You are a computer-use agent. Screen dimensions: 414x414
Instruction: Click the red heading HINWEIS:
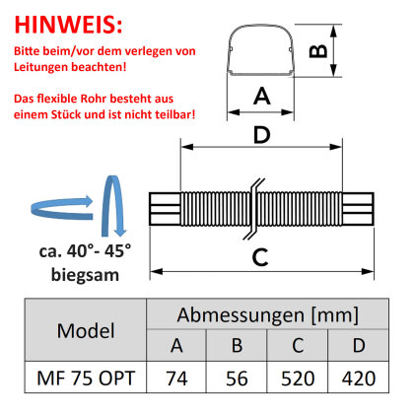68,25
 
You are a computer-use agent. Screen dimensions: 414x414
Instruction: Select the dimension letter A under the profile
262,96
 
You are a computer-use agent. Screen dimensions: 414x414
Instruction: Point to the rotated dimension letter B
318,51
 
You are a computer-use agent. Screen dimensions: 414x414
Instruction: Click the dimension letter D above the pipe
262,134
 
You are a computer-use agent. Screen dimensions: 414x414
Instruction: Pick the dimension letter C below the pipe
260,257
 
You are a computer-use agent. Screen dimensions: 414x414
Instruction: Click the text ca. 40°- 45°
85,251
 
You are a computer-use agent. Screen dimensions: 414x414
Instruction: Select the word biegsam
85,275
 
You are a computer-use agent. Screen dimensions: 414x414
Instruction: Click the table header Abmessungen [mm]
267,314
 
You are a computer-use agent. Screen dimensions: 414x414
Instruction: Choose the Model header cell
86,330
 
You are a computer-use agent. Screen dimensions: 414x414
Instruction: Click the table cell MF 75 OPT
86,378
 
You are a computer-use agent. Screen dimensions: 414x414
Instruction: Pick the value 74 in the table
176,379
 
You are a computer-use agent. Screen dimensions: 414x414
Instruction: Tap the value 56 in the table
237,379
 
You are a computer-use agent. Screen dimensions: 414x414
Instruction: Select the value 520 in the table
298,379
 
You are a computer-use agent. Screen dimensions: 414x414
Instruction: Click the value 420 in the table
359,379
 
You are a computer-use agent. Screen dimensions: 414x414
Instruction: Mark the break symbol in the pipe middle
253,209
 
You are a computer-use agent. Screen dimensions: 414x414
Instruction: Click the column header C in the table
298,345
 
